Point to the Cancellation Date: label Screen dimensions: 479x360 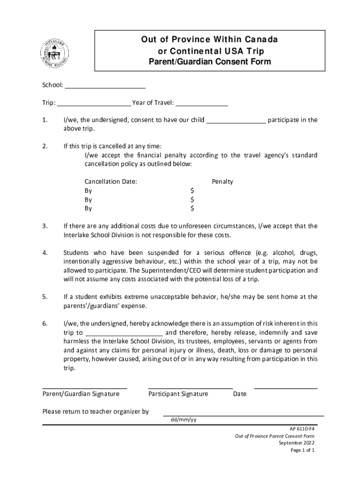(x=111, y=181)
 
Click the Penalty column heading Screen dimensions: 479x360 (x=222, y=181)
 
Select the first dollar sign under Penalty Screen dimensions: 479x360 (x=192, y=190)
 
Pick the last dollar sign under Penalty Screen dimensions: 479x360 (x=192, y=208)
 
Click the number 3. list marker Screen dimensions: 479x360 (x=45, y=226)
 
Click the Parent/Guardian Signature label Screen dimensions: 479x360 (x=81, y=394)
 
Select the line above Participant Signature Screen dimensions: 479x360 (x=190, y=388)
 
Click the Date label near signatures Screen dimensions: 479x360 (x=239, y=394)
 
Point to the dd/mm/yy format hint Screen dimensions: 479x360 (x=183, y=419)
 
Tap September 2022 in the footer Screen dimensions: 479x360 (x=296, y=443)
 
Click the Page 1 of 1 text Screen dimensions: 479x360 (x=302, y=450)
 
